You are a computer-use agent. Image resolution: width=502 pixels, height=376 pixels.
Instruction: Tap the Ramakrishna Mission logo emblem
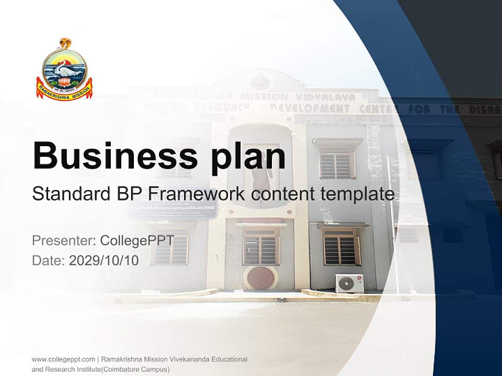click(x=64, y=70)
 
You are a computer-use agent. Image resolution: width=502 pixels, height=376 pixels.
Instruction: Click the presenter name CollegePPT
click(x=137, y=241)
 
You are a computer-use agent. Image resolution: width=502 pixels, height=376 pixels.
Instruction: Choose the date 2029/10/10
click(x=104, y=261)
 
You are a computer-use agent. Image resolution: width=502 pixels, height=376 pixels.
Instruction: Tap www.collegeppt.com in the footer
click(x=63, y=359)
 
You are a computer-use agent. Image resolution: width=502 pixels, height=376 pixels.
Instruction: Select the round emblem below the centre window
click(x=260, y=277)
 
